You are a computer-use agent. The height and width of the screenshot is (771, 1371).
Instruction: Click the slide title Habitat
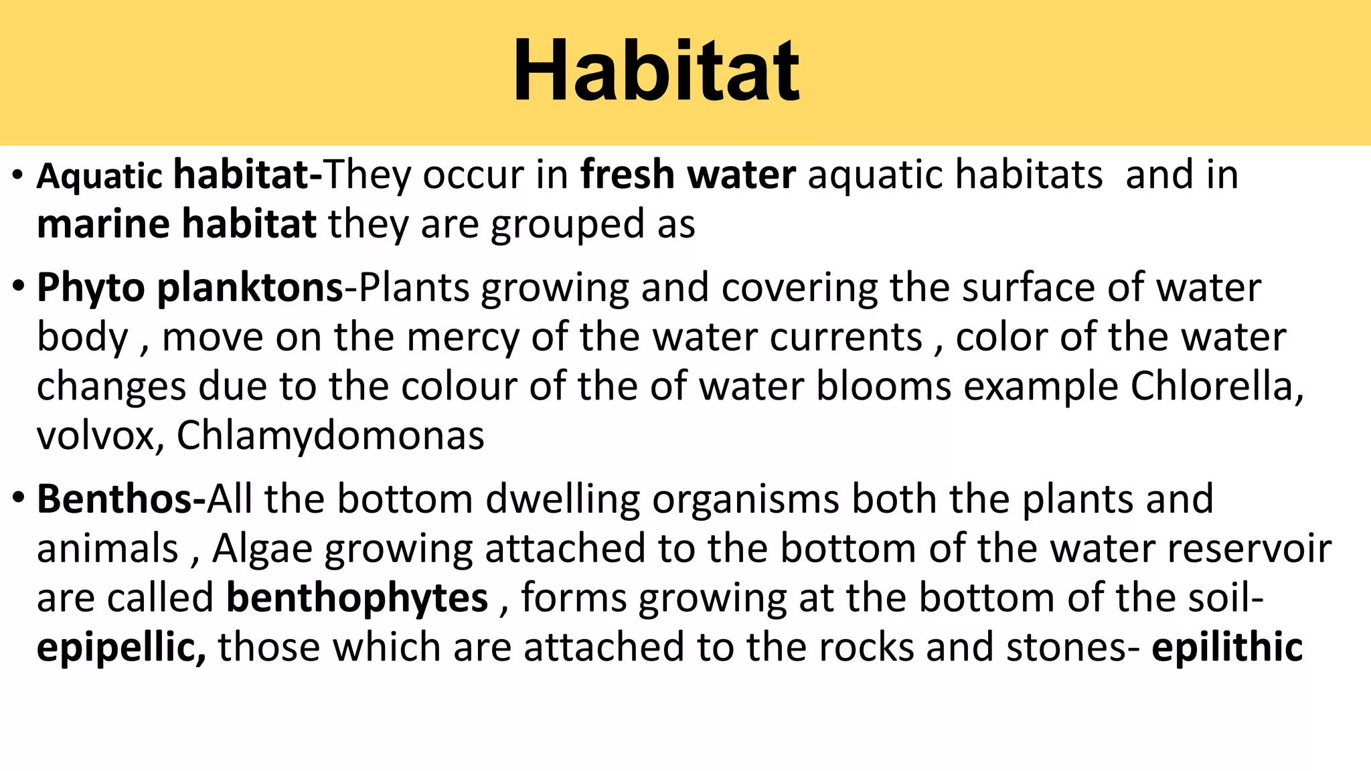tap(655, 71)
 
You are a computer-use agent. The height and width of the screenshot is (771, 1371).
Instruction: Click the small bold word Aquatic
tap(99, 177)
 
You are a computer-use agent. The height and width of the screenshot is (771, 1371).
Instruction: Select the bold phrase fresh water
tap(688, 175)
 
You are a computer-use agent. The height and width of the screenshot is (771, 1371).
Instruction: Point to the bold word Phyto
tap(90, 288)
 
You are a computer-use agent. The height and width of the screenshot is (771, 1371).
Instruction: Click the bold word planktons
tap(250, 288)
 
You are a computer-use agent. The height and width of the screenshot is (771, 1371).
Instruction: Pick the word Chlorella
tap(1216, 386)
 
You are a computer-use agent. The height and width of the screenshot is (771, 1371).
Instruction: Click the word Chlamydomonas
tap(330, 436)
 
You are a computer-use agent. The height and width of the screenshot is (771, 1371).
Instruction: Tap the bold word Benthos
tap(114, 499)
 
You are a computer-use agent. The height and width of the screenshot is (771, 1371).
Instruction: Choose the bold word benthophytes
tap(357, 598)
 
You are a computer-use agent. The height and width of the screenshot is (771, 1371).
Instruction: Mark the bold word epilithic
tap(1226, 647)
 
